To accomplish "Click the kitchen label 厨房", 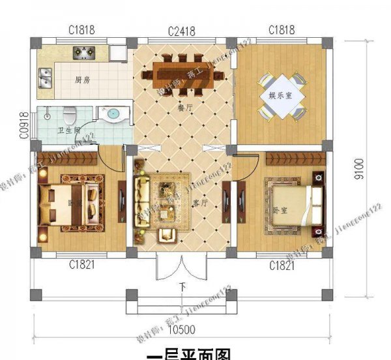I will coord(82,81).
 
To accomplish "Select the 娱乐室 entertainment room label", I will coord(280,95).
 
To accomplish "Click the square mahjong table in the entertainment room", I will coord(280,96).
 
